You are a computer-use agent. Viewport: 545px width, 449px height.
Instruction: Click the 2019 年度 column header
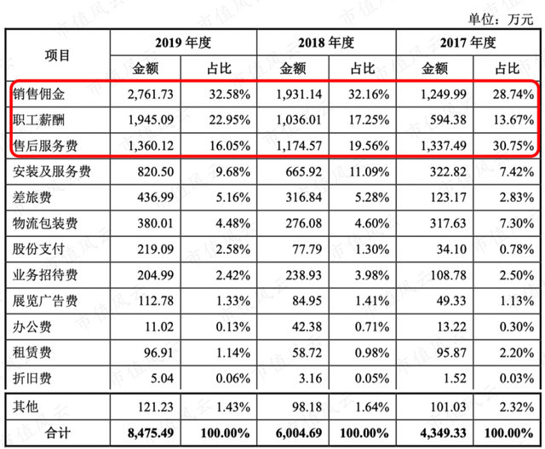click(x=183, y=43)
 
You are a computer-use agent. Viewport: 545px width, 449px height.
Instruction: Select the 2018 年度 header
click(x=326, y=43)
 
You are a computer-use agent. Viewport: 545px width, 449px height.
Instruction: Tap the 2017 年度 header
click(x=468, y=43)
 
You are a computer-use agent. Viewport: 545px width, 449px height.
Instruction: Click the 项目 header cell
click(x=57, y=55)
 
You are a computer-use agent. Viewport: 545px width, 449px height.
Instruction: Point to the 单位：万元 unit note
click(x=501, y=19)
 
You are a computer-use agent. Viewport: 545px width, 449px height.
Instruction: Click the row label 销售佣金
click(x=38, y=94)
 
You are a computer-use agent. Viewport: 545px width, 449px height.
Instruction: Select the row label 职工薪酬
click(x=38, y=120)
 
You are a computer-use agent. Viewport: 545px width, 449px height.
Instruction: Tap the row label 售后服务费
click(x=45, y=146)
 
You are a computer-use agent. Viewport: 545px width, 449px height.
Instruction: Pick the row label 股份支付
click(x=38, y=249)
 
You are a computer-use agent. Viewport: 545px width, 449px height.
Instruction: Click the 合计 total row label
click(x=58, y=433)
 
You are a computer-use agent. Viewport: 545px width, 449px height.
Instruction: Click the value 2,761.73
click(x=151, y=95)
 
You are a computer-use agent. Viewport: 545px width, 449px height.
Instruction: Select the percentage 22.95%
click(x=229, y=120)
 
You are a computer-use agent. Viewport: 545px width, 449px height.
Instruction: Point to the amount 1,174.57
click(x=299, y=146)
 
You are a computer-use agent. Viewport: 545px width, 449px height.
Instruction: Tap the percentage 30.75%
click(x=513, y=146)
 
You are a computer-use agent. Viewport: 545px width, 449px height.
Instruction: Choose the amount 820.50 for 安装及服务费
click(x=155, y=172)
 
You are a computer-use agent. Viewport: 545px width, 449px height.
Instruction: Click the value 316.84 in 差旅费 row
click(x=304, y=198)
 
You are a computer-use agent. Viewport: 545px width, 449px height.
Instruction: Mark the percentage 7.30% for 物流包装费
click(x=517, y=223)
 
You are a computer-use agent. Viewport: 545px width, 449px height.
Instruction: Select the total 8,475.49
click(x=151, y=434)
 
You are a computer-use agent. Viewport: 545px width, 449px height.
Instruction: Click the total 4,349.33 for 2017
click(x=443, y=434)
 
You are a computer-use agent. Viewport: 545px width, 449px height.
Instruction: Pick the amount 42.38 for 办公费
click(x=307, y=327)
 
